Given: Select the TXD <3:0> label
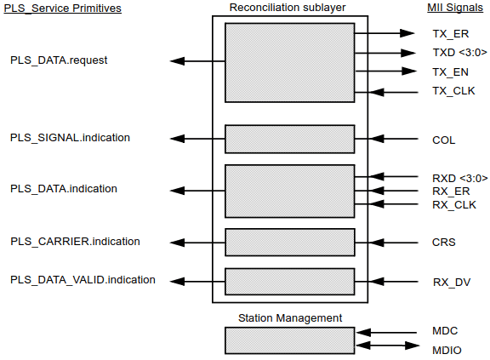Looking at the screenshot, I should click(x=458, y=53).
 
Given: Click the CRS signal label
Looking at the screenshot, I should click(x=443, y=243).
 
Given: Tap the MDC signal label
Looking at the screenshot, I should click(x=445, y=331).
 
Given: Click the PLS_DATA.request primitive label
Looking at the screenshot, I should click(x=59, y=61).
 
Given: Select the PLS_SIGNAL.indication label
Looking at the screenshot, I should click(x=70, y=137).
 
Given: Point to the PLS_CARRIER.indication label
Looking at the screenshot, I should click(x=75, y=242).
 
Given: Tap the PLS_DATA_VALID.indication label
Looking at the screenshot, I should click(x=83, y=279).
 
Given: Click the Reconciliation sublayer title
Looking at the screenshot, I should click(x=288, y=8).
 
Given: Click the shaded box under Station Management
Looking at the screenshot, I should click(x=289, y=340).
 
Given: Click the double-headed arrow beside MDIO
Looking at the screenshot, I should click(x=387, y=346).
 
